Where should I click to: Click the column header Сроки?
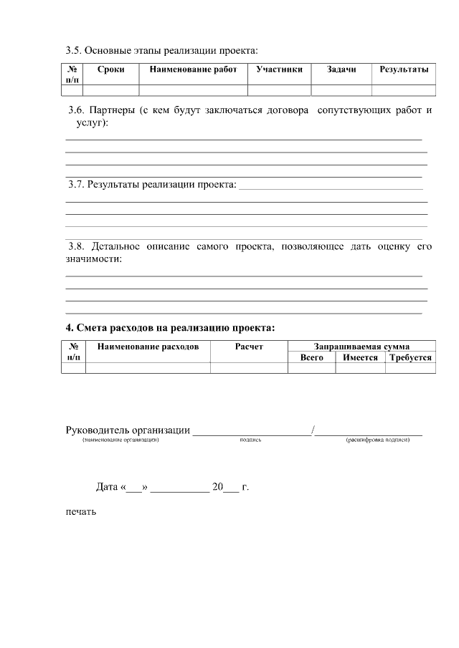point(111,69)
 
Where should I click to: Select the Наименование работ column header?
point(193,69)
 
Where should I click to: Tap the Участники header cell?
point(279,69)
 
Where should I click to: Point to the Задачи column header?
point(341,69)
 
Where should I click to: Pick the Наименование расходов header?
point(148,346)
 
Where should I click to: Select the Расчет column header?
point(249,346)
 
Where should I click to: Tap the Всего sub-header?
point(311,357)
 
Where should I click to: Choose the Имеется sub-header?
point(360,357)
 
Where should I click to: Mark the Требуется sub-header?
point(410,357)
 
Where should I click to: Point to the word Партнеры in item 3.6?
point(111,111)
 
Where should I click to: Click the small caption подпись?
point(250,440)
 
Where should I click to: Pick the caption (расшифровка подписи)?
point(377,440)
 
